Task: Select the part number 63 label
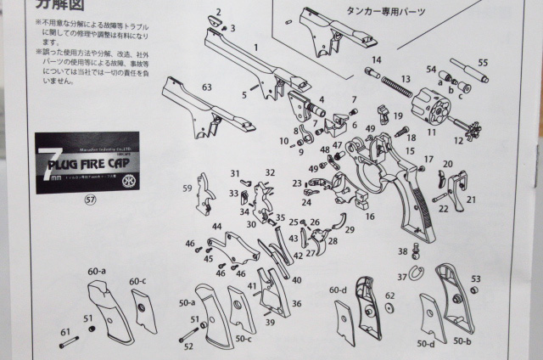point(207,87)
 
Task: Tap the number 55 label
point(483,63)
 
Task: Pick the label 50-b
point(463,340)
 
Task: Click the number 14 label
point(376,60)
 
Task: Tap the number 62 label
point(389,295)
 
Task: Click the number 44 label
point(217,227)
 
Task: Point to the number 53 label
point(476,278)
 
